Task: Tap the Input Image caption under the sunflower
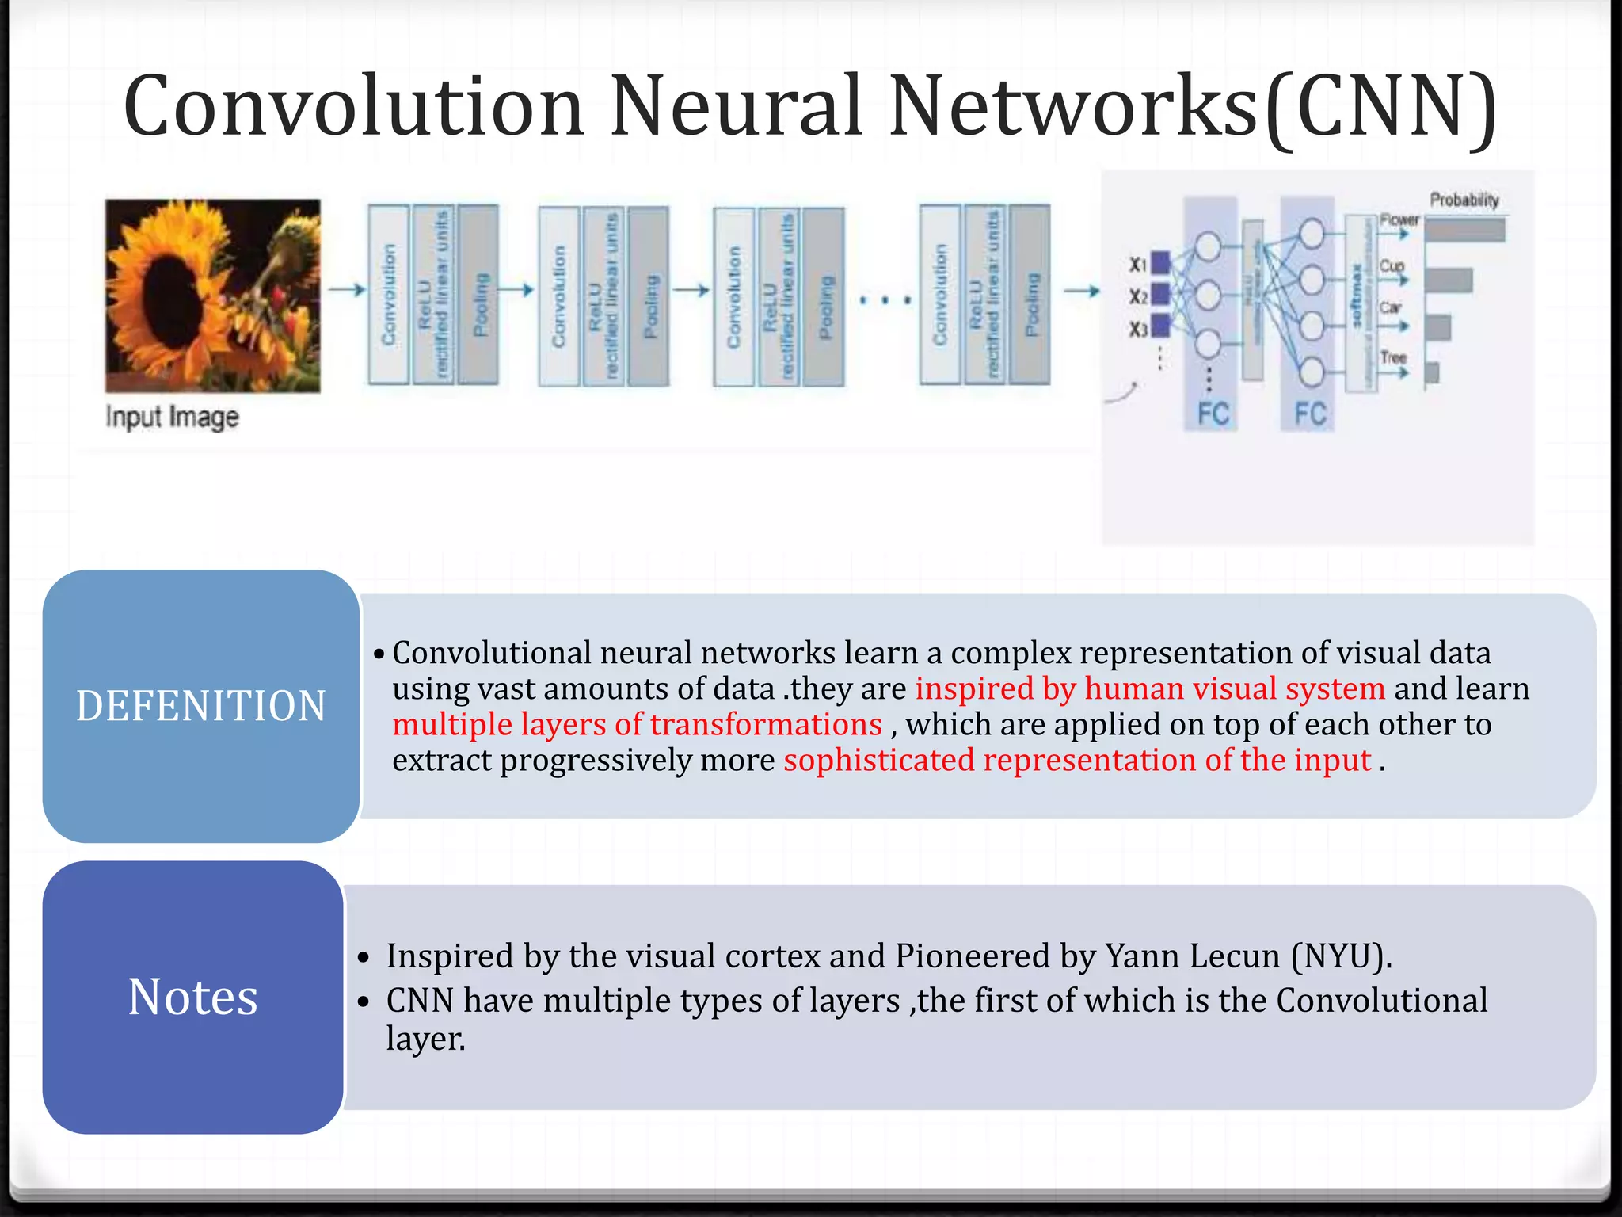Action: [172, 417]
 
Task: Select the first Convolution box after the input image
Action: [388, 295]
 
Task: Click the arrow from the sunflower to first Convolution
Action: [347, 290]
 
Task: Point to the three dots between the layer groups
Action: [885, 300]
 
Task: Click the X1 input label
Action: [1138, 264]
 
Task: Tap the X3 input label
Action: [1138, 329]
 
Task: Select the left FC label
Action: [1213, 414]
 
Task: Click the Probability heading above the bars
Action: [1464, 200]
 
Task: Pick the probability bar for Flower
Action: [1464, 230]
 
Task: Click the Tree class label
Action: [1393, 357]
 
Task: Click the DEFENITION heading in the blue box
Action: [201, 705]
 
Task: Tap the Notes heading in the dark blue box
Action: [193, 997]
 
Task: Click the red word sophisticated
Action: [878, 760]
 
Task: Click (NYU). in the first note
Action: [1341, 956]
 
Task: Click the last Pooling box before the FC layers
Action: [1030, 295]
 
